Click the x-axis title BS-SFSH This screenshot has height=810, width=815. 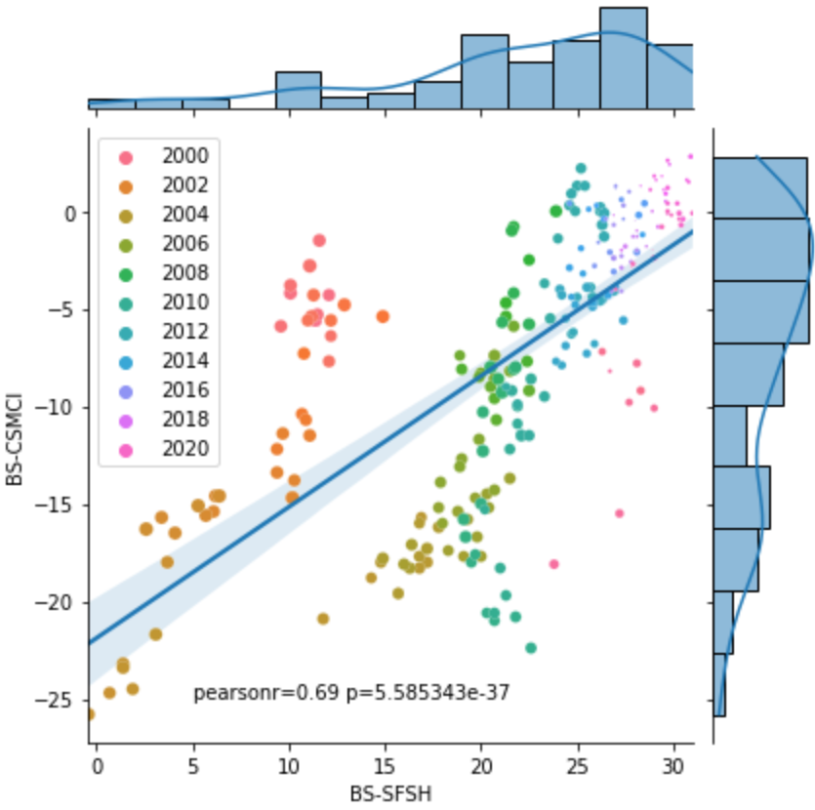click(391, 794)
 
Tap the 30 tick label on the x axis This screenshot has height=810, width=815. click(672, 766)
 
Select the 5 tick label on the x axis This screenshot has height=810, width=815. click(192, 766)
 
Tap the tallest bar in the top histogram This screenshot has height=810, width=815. click(623, 57)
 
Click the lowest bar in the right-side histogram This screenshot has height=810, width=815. click(719, 685)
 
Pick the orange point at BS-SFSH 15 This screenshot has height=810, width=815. click(383, 316)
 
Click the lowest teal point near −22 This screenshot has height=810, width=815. click(531, 648)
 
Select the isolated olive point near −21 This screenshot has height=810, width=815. click(323, 619)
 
